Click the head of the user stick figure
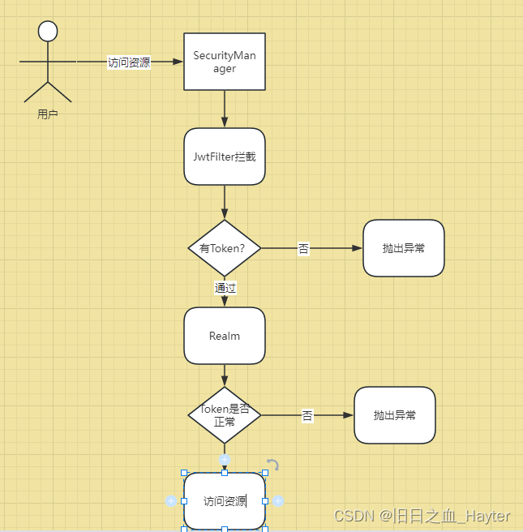click(x=48, y=31)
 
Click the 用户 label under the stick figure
click(x=48, y=114)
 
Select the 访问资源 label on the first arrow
click(x=129, y=62)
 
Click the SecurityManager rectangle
click(x=225, y=62)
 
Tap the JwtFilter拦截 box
click(x=225, y=157)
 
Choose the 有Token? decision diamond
click(x=225, y=248)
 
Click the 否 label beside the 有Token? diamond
click(x=303, y=249)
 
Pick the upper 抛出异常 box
click(x=403, y=248)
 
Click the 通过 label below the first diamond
click(x=225, y=287)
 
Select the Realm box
click(x=225, y=336)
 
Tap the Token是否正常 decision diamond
click(x=225, y=415)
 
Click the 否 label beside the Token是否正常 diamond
click(x=307, y=416)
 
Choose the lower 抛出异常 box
click(x=395, y=415)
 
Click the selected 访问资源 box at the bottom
click(x=225, y=501)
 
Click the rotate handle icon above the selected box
click(x=272, y=465)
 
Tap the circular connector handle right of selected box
click(x=278, y=501)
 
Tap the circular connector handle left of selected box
click(x=171, y=501)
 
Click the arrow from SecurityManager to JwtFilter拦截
click(x=225, y=109)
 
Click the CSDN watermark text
click(x=422, y=516)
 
